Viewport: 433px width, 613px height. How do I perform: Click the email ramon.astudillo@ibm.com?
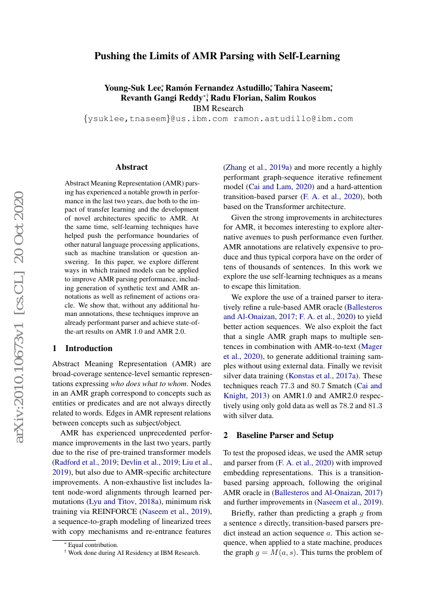293,119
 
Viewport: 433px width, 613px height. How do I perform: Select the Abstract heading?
131,167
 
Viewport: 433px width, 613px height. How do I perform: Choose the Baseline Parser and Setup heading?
278,435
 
